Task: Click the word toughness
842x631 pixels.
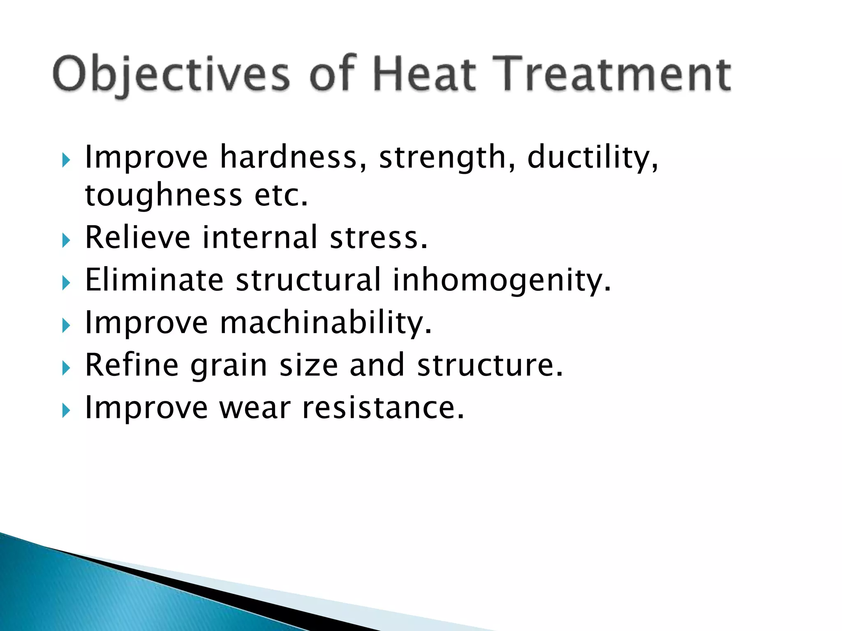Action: pyautogui.click(x=164, y=196)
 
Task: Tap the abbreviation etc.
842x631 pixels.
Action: pyautogui.click(x=281, y=196)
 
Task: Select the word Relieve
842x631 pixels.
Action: pyautogui.click(x=138, y=237)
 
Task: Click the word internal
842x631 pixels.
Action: pyautogui.click(x=260, y=237)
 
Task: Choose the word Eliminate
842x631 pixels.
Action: pyautogui.click(x=154, y=280)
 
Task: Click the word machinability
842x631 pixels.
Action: pyautogui.click(x=326, y=322)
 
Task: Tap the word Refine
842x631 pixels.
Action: pyautogui.click(x=132, y=365)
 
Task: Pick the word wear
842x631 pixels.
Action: pyautogui.click(x=255, y=408)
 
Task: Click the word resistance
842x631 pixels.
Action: pyautogui.click(x=383, y=408)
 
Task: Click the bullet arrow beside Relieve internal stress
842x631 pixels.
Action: pyautogui.click(x=66, y=240)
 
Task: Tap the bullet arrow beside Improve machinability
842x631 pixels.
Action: pyautogui.click(x=66, y=326)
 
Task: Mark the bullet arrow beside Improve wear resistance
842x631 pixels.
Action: pyautogui.click(x=66, y=410)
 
